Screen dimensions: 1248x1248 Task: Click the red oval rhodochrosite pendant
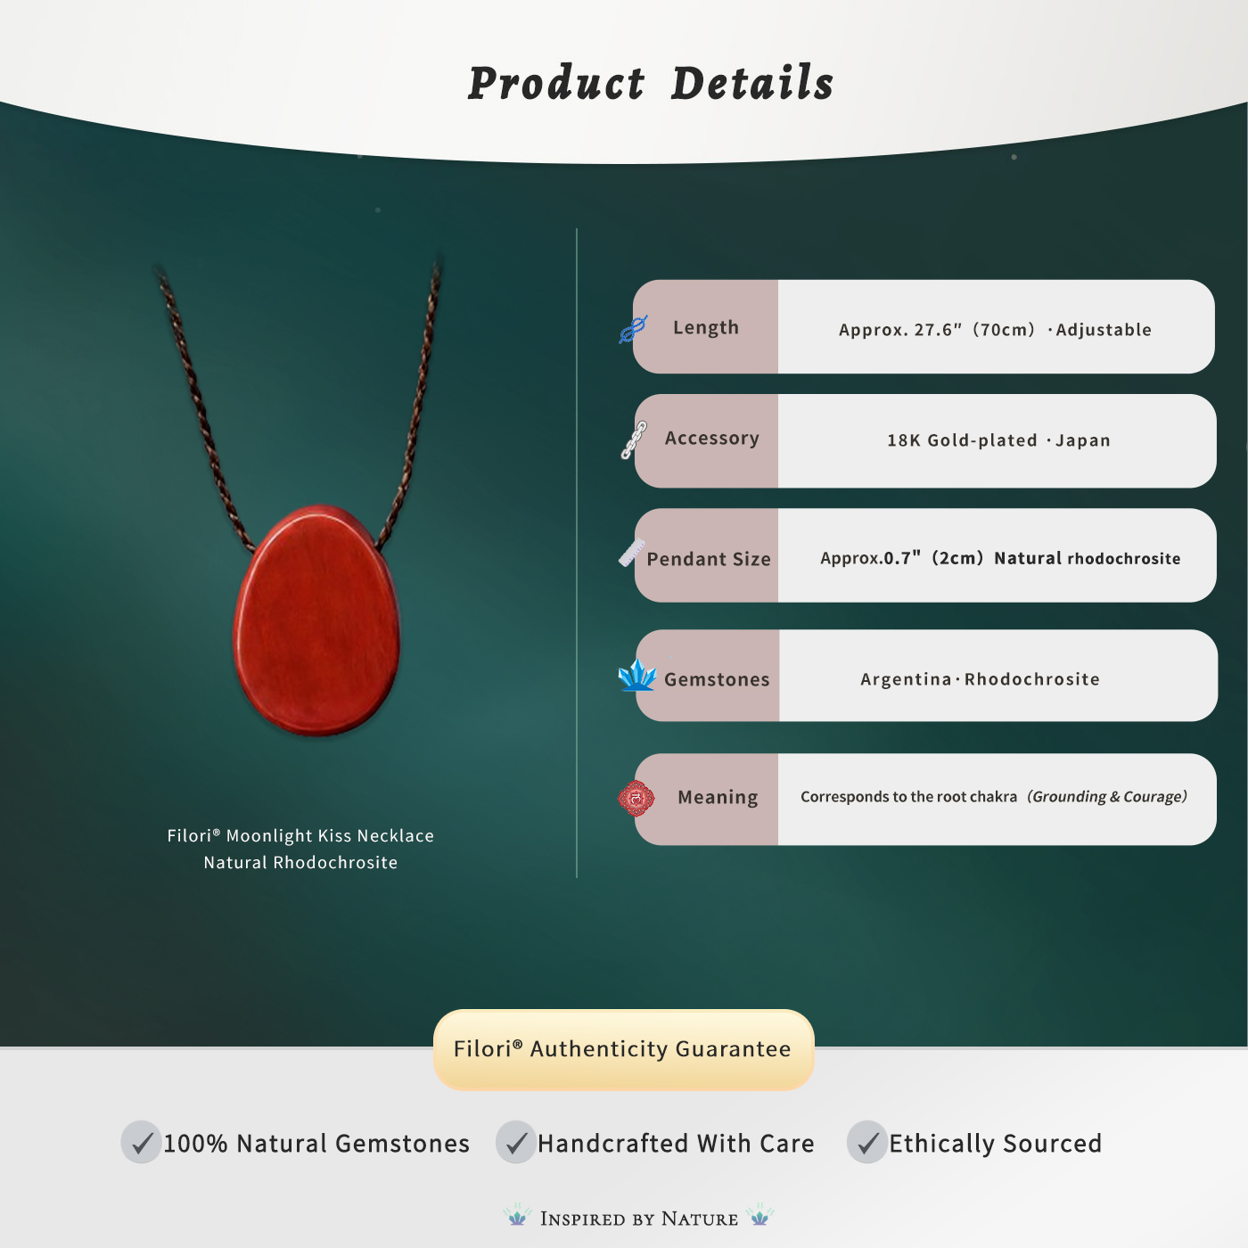point(316,620)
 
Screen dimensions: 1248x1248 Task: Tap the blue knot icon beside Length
point(633,329)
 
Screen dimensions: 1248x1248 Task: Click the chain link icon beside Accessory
point(634,439)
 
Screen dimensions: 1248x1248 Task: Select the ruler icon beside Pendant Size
point(631,552)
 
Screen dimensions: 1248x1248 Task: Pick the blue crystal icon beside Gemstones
point(637,675)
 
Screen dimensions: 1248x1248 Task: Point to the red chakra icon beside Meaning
point(636,798)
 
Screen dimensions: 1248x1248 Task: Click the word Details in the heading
point(751,83)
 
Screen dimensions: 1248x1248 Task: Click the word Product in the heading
point(556,83)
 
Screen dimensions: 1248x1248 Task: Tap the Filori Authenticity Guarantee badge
point(623,1049)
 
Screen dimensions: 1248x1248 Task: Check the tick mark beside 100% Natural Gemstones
point(141,1142)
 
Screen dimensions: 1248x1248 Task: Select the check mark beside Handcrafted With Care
point(515,1142)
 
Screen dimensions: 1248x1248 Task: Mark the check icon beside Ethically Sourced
point(867,1142)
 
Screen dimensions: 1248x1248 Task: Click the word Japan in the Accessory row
point(1083,440)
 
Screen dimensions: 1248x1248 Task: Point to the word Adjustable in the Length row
point(1104,330)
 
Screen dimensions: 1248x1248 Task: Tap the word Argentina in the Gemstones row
point(906,678)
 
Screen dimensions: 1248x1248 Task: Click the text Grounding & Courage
point(1107,797)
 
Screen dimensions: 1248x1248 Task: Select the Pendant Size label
point(709,559)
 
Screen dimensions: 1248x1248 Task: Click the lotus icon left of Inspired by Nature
point(517,1215)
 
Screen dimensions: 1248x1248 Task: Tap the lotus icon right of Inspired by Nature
point(759,1215)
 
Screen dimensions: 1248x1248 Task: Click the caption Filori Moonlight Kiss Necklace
point(300,835)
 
